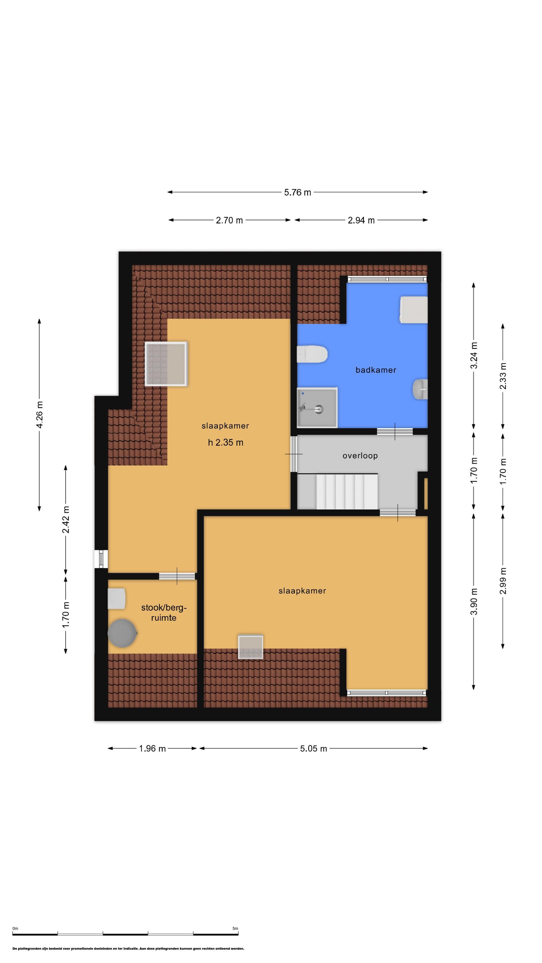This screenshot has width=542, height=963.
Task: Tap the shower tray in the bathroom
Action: coord(317,408)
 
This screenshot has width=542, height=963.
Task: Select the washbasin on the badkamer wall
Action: coord(420,389)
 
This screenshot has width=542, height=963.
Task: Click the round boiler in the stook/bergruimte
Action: coord(122,633)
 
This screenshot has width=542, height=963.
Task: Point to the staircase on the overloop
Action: coord(347,491)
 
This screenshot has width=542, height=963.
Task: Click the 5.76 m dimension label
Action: coord(297,193)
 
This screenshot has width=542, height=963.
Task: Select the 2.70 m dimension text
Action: coord(229,221)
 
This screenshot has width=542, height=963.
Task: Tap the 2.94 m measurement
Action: coord(361,221)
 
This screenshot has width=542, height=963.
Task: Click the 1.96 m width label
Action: coord(152,748)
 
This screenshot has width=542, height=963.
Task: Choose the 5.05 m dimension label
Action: coord(313,748)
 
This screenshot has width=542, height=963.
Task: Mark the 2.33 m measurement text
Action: coord(503,376)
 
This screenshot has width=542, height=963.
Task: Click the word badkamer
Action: coord(375,370)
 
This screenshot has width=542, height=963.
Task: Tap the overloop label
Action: coord(360,456)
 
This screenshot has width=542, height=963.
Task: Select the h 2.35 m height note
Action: coord(225,443)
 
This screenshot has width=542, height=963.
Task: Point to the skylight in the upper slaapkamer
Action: coord(166,364)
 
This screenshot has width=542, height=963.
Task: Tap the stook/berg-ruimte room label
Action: coord(164,613)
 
